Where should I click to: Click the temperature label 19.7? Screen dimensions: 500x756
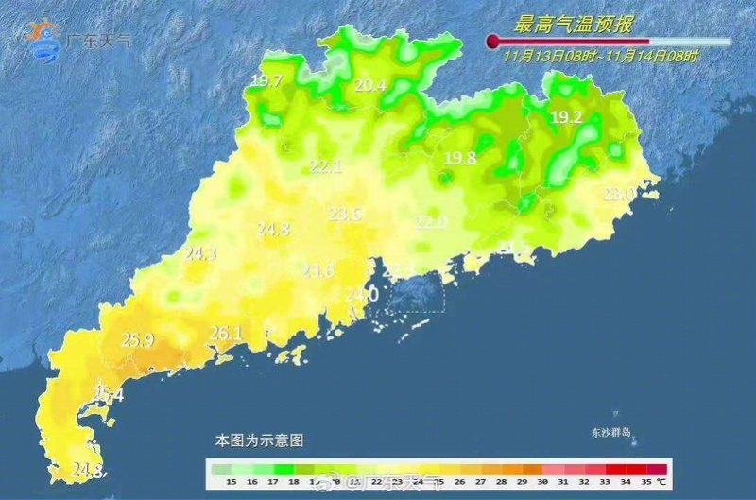point(266,81)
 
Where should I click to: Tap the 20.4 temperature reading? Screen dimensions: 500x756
point(370,86)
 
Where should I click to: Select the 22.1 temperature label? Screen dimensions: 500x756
point(325,167)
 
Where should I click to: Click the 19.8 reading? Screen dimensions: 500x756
point(460,158)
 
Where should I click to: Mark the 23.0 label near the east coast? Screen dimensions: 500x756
point(619,194)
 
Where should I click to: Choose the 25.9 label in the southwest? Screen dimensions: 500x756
point(138,339)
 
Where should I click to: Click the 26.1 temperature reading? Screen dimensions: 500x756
point(226,333)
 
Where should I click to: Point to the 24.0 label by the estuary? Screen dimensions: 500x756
point(361,295)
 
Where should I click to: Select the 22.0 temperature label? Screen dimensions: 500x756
point(431,222)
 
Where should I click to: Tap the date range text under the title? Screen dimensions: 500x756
point(600,57)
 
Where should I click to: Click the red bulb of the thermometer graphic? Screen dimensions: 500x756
point(491,41)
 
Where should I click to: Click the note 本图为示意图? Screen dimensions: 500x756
point(259,440)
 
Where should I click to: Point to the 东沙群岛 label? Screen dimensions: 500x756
point(610,434)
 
